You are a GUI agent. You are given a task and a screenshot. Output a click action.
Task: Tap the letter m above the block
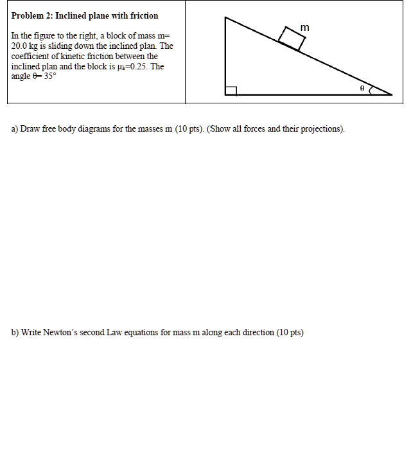point(304,28)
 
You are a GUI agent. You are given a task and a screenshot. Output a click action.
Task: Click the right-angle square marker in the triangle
point(231,90)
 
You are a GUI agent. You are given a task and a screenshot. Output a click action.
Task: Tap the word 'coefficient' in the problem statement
point(31,56)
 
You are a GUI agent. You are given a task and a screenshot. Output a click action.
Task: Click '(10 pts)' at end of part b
point(290,333)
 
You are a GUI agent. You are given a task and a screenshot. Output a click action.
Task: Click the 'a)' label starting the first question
point(15,129)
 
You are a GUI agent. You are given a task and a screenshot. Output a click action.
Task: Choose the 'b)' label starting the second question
point(15,333)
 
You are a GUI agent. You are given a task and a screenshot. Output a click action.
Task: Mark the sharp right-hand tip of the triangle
point(391,94)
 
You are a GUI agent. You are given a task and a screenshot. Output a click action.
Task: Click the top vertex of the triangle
point(225,17)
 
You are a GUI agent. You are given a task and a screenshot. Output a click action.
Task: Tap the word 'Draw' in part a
point(31,129)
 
